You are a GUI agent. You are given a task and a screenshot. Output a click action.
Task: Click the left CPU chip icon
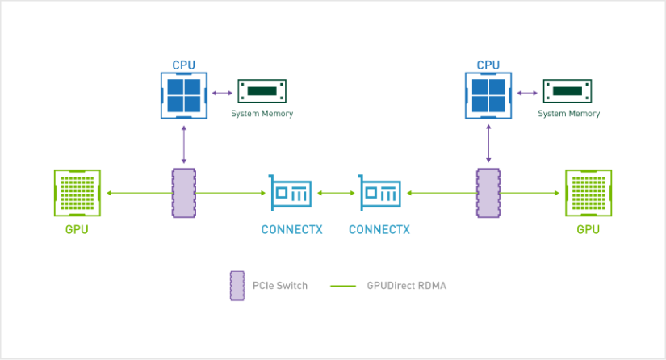click(184, 95)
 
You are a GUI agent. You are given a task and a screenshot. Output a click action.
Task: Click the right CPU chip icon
click(488, 95)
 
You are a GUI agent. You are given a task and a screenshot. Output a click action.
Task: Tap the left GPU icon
click(77, 193)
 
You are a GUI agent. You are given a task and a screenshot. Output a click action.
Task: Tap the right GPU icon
click(589, 193)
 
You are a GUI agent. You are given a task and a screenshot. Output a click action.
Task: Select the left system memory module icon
click(262, 91)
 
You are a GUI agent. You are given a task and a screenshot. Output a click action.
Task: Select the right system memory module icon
click(568, 91)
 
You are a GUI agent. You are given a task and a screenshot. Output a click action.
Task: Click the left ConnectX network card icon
click(291, 193)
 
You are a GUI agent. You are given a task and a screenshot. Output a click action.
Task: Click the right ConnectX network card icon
click(379, 193)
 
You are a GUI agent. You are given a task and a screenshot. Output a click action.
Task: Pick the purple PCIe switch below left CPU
click(184, 193)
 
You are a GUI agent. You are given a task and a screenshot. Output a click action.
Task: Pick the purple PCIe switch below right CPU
click(488, 193)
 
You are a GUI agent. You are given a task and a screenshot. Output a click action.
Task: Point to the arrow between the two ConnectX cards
click(336, 193)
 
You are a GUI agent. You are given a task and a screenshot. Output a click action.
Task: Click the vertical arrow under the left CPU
click(184, 144)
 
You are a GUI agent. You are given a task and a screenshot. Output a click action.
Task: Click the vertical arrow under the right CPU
click(488, 144)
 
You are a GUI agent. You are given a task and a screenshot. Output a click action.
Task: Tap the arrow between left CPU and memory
click(223, 93)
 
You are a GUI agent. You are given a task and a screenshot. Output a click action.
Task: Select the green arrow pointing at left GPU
click(140, 193)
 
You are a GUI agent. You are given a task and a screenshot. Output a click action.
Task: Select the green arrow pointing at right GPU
click(530, 193)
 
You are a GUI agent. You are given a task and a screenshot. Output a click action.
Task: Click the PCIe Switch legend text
click(280, 286)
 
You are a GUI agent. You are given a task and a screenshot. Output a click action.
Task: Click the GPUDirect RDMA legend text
click(407, 286)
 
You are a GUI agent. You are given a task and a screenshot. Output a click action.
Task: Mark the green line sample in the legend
click(343, 286)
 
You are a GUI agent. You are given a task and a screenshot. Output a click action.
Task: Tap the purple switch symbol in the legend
click(237, 286)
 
